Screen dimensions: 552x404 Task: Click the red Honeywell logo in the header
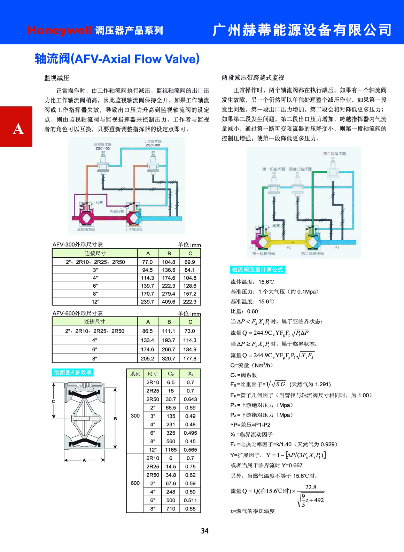(x=60, y=30)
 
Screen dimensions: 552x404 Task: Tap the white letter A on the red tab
(x=18, y=129)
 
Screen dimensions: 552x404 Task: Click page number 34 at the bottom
(x=204, y=531)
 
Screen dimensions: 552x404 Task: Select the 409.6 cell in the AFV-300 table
(x=169, y=302)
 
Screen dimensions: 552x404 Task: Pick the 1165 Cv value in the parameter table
(x=171, y=450)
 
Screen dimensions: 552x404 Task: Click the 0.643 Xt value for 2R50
(x=190, y=399)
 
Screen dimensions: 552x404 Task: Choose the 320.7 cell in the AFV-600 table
(x=169, y=358)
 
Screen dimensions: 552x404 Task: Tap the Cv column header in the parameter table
(x=171, y=374)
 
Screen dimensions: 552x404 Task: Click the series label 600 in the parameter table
(x=135, y=483)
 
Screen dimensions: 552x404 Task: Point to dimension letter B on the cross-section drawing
(x=115, y=419)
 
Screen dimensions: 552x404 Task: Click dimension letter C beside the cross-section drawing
(x=53, y=402)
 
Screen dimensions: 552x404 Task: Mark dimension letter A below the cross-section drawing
(x=84, y=460)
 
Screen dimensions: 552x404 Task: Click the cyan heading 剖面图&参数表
(x=73, y=372)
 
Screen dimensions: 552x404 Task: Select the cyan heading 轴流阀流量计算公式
(x=258, y=270)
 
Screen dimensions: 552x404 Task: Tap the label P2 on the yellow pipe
(x=289, y=248)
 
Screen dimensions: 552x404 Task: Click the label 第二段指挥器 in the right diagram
(x=334, y=154)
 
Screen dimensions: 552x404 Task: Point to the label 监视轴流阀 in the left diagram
(x=86, y=230)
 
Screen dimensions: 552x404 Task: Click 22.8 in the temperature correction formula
(x=311, y=487)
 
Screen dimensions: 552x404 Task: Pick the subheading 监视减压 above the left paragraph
(x=57, y=78)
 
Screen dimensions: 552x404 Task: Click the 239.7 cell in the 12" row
(x=147, y=302)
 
